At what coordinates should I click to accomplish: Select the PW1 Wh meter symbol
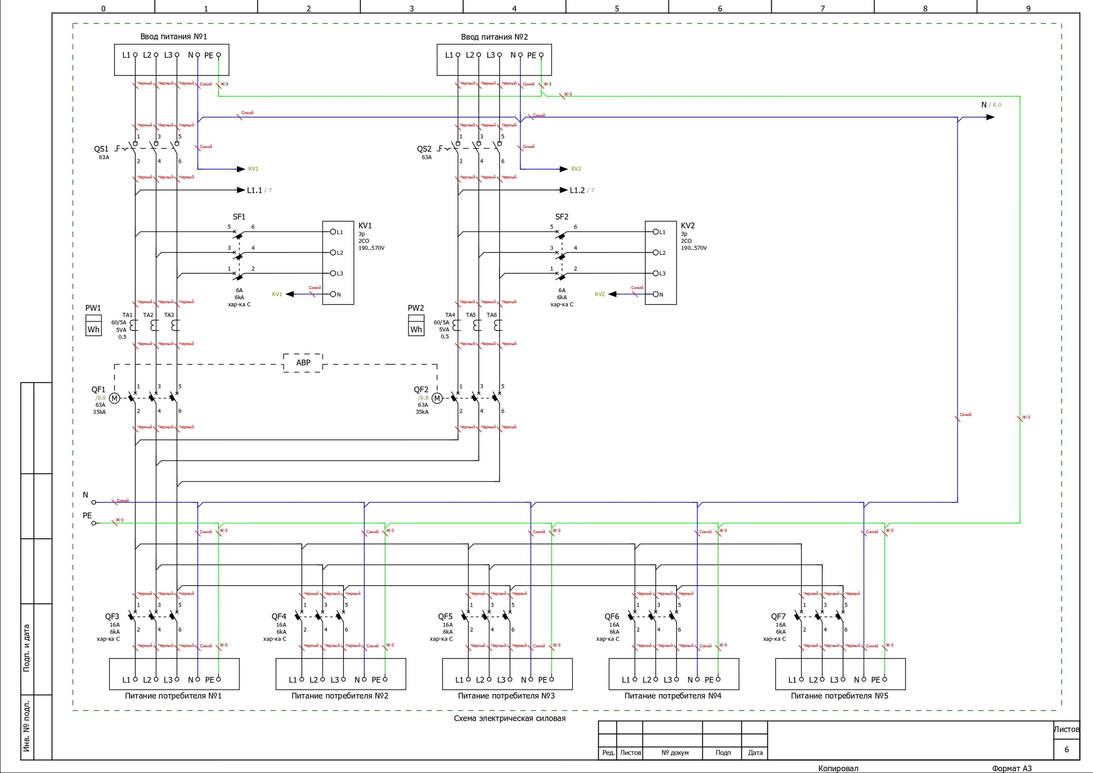pos(93,326)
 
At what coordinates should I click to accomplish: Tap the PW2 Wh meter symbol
pos(416,326)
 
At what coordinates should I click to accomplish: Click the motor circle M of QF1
pos(114,398)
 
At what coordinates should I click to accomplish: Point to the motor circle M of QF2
pos(437,398)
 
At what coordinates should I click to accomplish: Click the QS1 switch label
pos(101,149)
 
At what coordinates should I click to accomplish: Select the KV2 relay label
pos(687,225)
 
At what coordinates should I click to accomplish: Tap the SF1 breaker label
pos(239,217)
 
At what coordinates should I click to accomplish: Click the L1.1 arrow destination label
pos(254,190)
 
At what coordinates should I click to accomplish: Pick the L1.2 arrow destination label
pos(577,190)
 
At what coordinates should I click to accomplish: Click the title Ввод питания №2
pos(494,37)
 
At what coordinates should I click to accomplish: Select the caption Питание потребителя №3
pos(506,696)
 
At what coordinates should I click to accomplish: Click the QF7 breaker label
pos(778,616)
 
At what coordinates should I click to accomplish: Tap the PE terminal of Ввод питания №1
pos(218,55)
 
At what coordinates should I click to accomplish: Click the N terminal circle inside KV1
pos(333,294)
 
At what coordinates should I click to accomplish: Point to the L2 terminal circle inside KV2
pos(655,252)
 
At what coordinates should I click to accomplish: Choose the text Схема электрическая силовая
pos(509,718)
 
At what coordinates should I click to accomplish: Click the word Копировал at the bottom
pos(838,768)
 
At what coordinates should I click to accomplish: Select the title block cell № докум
pos(675,752)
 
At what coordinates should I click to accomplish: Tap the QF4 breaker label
pos(279,616)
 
